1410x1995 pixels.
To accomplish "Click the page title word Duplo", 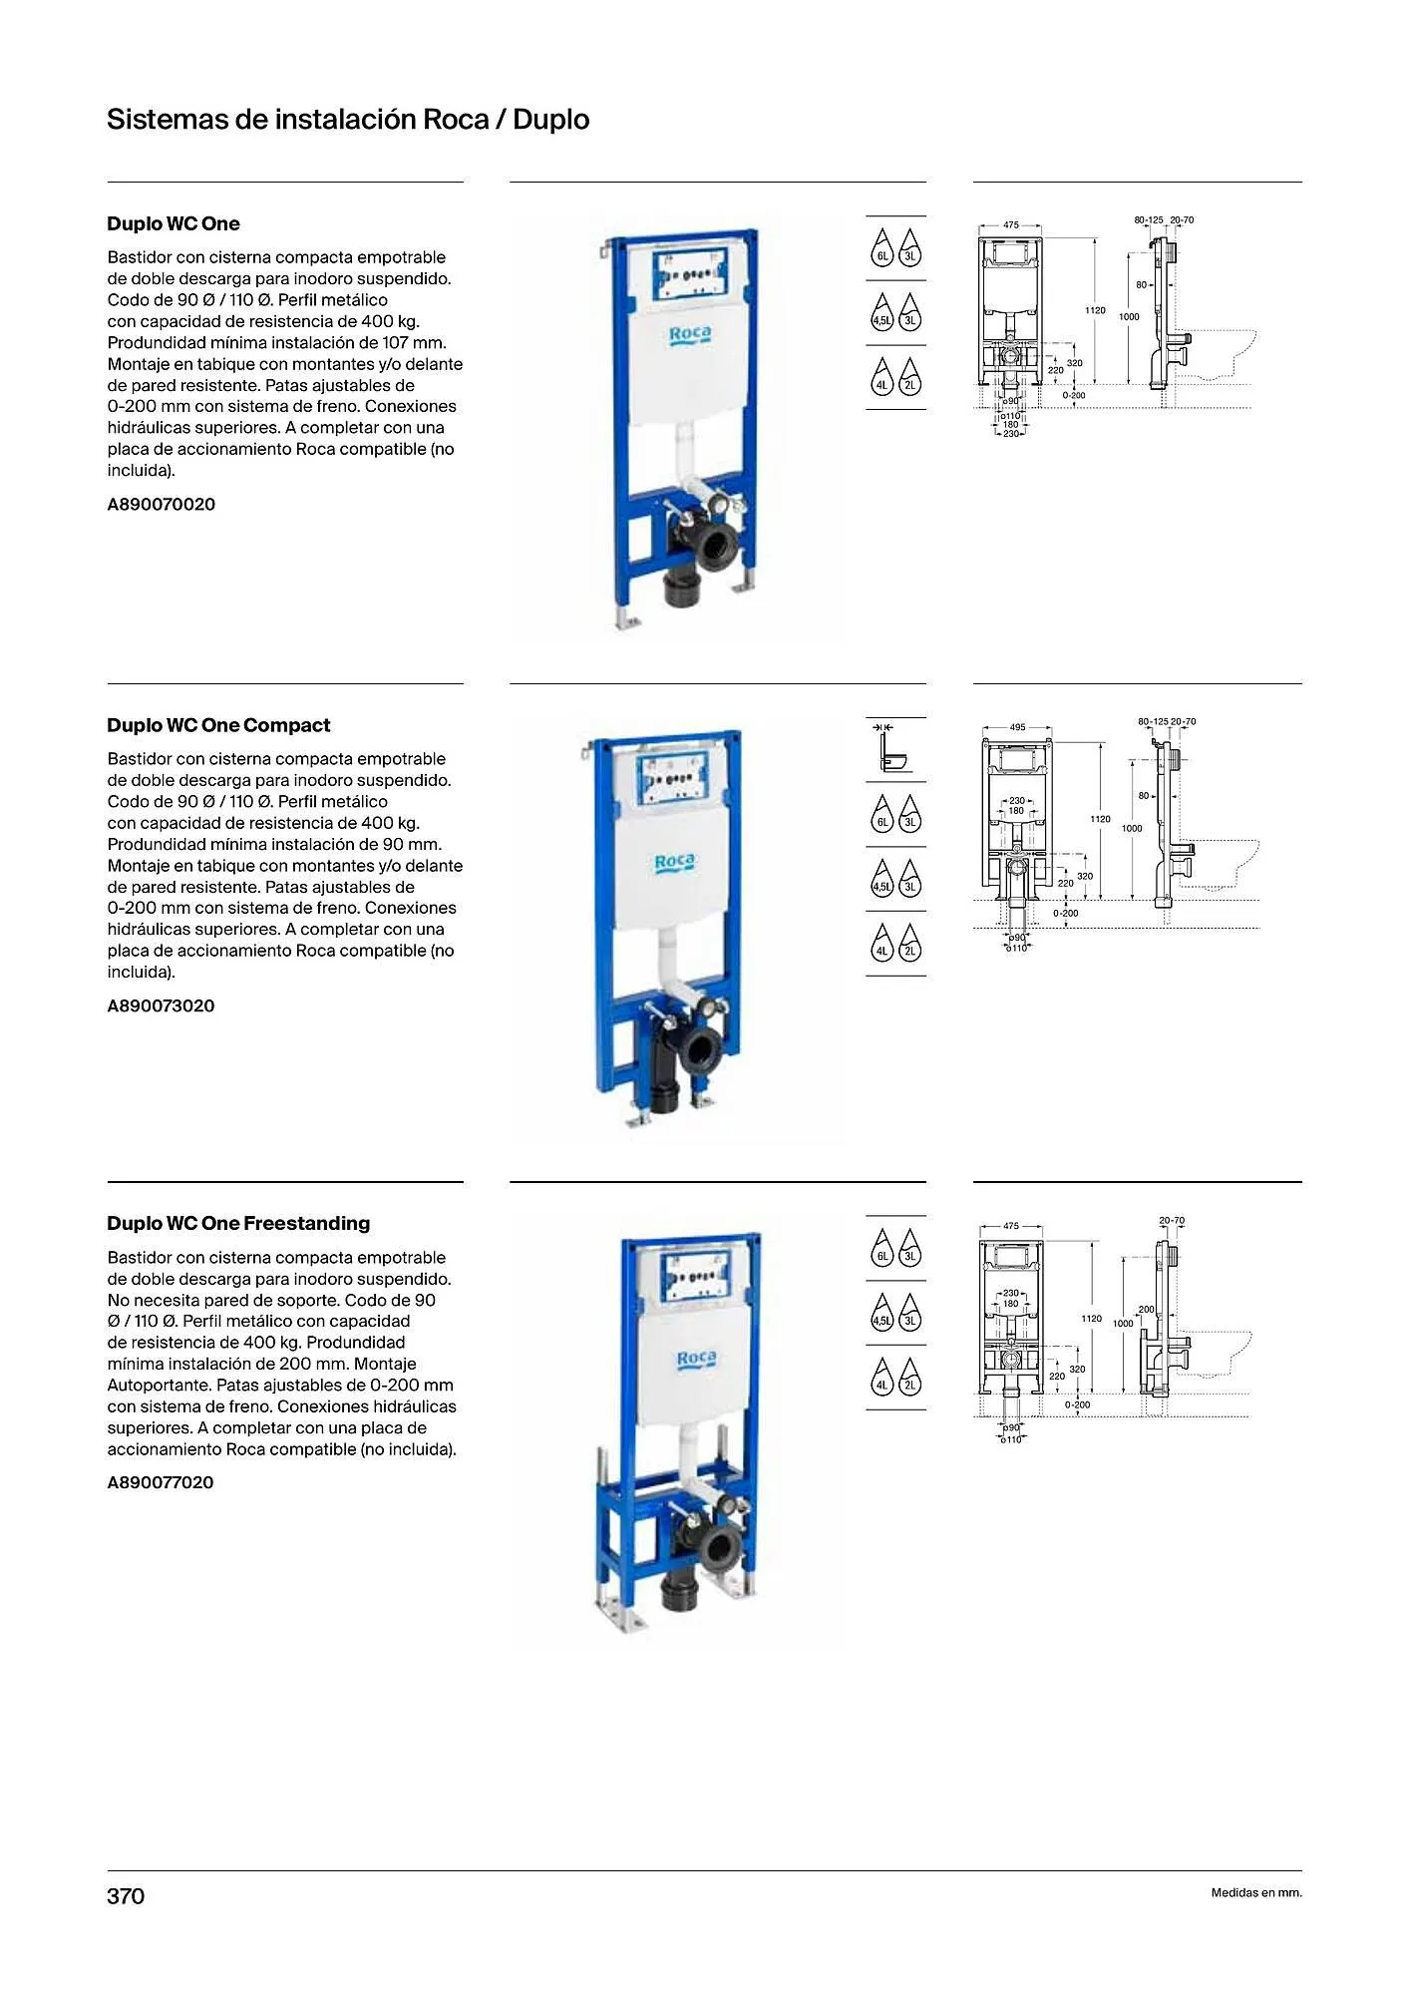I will (x=550, y=120).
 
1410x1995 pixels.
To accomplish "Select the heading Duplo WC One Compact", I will (x=218, y=725).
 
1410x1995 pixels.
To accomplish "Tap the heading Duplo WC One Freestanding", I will (x=238, y=1223).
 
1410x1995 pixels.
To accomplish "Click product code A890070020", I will (x=162, y=504).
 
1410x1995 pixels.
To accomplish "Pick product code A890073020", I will (x=162, y=1005).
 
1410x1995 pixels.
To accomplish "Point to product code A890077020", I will (x=161, y=1482).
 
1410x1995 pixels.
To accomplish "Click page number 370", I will (x=126, y=1895).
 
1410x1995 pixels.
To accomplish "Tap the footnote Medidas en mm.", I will (x=1256, y=1892).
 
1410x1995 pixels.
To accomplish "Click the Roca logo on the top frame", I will (x=690, y=335).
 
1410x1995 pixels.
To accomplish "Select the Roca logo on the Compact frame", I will (x=675, y=863).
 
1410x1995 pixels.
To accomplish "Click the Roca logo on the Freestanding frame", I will (x=696, y=1359).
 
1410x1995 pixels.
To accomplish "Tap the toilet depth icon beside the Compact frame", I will (x=894, y=748).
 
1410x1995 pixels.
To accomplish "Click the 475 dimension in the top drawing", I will (x=1011, y=225).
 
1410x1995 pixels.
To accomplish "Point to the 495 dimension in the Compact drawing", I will (x=1017, y=727).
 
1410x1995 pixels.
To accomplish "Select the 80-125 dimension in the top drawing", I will (x=1149, y=219).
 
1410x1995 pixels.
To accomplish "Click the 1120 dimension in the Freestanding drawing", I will (x=1092, y=1319).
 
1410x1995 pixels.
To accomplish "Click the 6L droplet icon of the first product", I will (x=881, y=248).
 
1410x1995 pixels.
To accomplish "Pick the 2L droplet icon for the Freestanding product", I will (x=910, y=1378).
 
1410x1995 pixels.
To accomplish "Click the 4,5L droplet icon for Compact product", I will (x=881, y=879).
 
